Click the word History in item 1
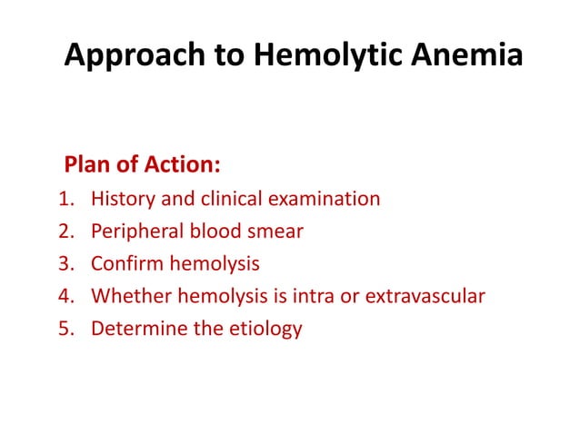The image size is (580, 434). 122,199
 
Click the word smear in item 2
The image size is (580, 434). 275,232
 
